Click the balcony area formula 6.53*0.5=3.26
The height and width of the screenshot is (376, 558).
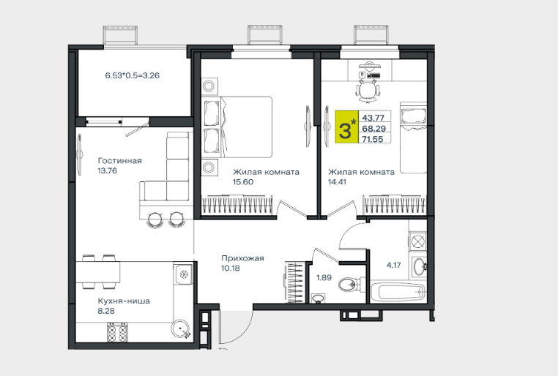(x=132, y=75)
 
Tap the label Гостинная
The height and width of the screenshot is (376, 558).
(x=119, y=161)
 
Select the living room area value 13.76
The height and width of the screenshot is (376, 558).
(x=107, y=170)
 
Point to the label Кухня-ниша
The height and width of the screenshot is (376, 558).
(x=124, y=301)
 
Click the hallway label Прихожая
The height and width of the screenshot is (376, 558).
(x=242, y=258)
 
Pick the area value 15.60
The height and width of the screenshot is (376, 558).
(x=243, y=182)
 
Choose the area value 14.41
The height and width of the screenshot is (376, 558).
(x=337, y=182)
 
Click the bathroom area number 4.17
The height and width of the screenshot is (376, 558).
(x=393, y=265)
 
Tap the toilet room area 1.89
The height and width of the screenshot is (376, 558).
(x=324, y=277)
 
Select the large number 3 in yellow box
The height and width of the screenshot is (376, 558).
(x=345, y=130)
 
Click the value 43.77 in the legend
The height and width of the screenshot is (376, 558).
(x=373, y=118)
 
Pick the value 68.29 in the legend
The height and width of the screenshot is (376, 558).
(x=374, y=128)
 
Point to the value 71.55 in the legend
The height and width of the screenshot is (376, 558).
(x=373, y=139)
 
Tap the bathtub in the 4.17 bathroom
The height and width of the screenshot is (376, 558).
(x=398, y=292)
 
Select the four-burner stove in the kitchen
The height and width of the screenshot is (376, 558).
(x=117, y=332)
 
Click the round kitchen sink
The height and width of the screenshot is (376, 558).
(x=180, y=328)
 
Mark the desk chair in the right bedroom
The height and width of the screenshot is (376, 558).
(x=368, y=91)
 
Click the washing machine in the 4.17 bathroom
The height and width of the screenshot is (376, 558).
(x=418, y=241)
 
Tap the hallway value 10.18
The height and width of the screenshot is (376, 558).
(x=231, y=268)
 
